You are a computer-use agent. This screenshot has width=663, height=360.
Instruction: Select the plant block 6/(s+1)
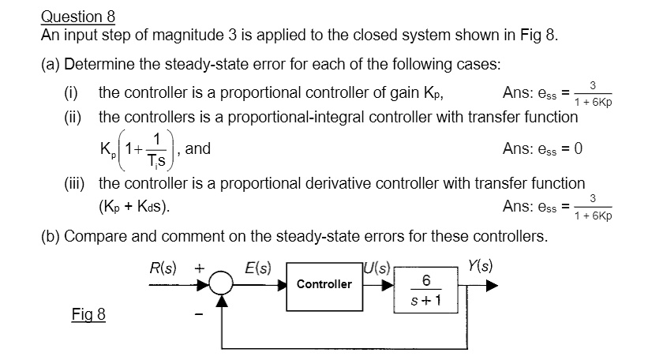click(x=425, y=291)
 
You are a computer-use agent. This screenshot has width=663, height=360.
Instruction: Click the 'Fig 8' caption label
click(x=88, y=315)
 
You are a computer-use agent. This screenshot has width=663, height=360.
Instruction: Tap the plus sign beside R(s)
click(x=200, y=267)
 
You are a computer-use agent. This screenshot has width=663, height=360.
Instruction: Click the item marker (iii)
click(x=76, y=183)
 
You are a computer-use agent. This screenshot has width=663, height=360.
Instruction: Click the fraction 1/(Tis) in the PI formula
click(x=157, y=148)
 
